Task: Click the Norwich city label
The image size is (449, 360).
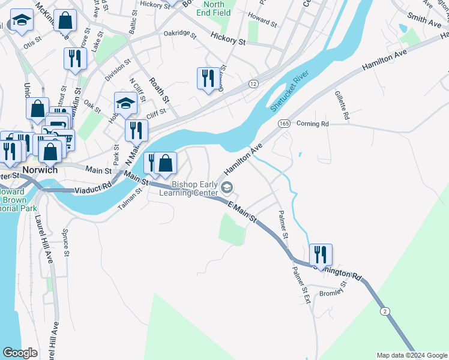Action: (x=40, y=170)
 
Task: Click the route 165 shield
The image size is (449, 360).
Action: (x=284, y=123)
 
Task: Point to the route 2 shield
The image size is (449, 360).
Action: (x=384, y=310)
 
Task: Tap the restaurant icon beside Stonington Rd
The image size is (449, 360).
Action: (x=321, y=253)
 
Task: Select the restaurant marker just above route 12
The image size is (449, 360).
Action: (x=208, y=77)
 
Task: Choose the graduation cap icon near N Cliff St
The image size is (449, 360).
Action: (x=126, y=103)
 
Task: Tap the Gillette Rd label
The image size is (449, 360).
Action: (x=342, y=106)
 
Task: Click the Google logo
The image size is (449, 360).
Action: (x=20, y=353)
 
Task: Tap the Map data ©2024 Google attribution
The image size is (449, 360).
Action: (x=411, y=355)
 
